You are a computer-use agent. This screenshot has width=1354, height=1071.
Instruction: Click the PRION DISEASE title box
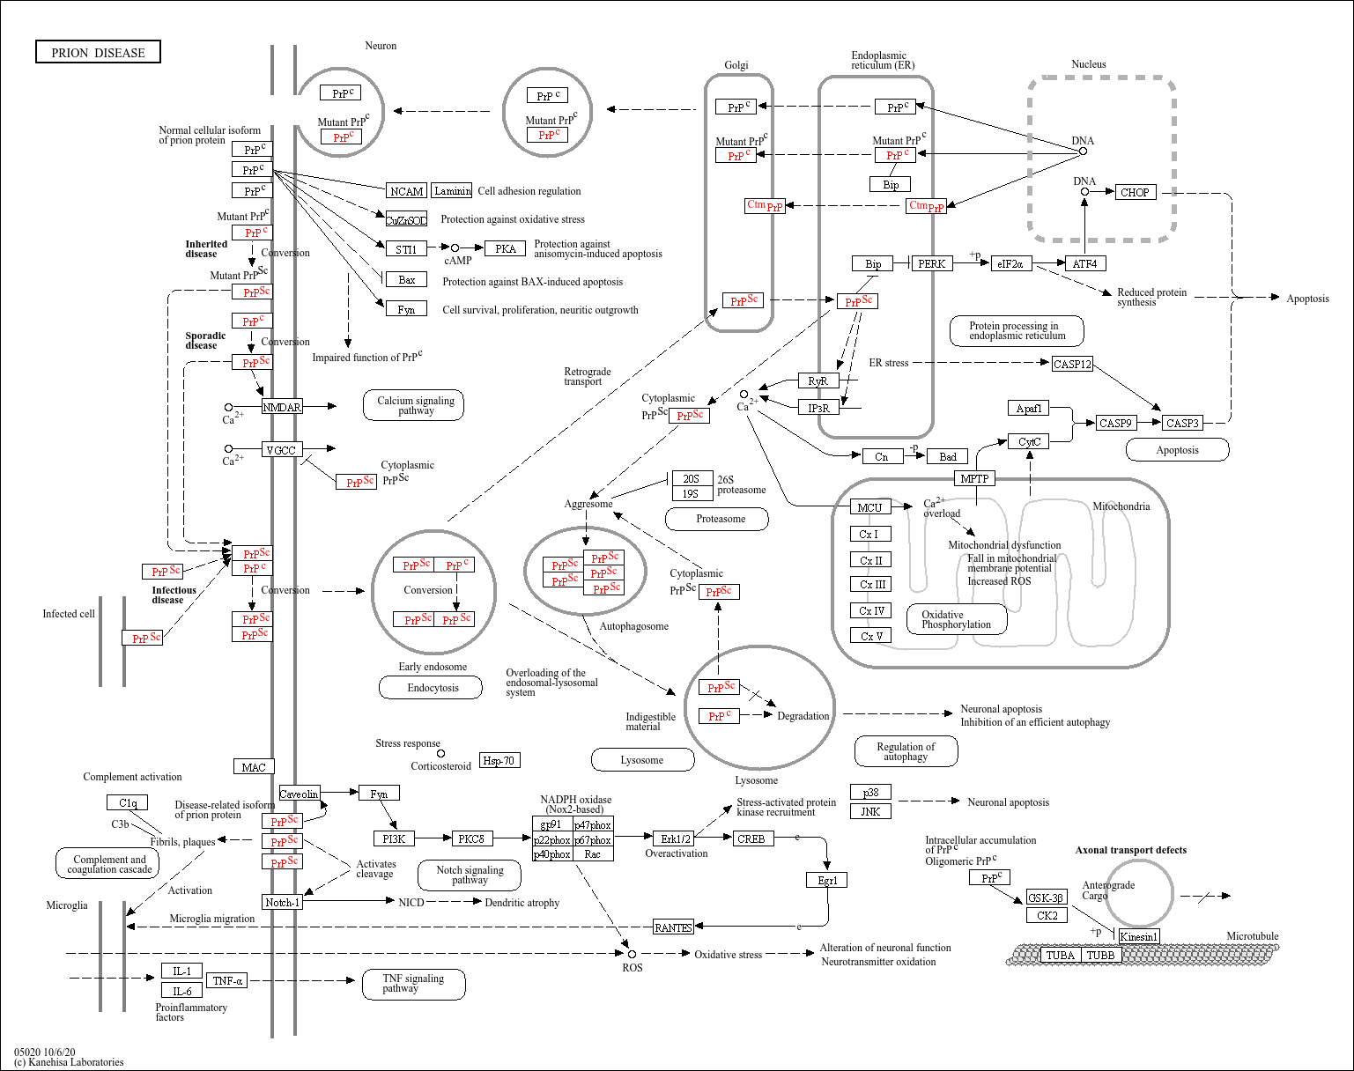click(98, 53)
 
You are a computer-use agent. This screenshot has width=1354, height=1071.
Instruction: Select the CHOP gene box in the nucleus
click(1135, 192)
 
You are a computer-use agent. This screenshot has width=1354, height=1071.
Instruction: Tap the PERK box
click(931, 263)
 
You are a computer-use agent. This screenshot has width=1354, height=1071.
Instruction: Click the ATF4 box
click(1084, 263)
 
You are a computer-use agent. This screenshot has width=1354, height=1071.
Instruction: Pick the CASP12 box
click(1072, 364)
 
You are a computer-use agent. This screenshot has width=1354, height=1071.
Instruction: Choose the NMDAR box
click(282, 407)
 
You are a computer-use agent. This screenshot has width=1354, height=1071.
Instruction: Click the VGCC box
click(281, 450)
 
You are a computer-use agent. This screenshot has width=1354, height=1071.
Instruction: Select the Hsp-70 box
click(499, 760)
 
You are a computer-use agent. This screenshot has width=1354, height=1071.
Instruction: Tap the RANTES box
click(673, 927)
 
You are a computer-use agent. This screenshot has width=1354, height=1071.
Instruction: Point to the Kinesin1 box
click(1138, 936)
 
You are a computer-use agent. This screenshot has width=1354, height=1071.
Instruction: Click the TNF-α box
click(227, 980)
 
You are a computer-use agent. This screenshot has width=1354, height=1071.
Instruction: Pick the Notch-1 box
click(282, 902)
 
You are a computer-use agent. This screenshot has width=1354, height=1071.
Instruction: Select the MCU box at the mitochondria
click(869, 507)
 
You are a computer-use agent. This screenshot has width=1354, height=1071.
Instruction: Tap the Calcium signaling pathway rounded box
click(414, 405)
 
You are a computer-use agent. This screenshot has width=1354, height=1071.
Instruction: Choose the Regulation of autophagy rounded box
click(906, 751)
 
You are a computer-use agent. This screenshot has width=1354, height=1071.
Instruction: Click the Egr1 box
click(826, 880)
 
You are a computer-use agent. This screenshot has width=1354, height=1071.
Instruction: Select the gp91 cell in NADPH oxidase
click(551, 824)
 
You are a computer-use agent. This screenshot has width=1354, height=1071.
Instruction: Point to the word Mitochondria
click(1121, 506)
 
